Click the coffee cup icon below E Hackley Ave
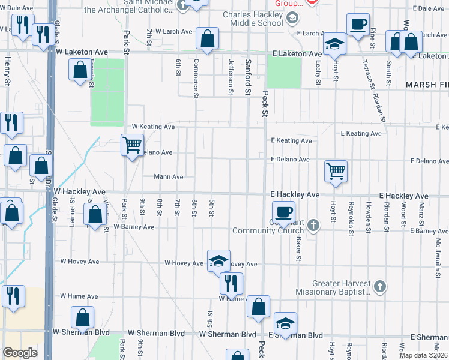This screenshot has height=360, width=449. pos(283,211)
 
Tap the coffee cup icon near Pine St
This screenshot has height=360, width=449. pos(358,24)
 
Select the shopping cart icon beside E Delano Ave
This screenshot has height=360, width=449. pos(336,170)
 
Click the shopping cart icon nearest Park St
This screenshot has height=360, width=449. pos(131,144)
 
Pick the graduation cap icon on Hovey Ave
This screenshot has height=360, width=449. pos(218,260)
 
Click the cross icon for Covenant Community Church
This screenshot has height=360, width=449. pos(312,226)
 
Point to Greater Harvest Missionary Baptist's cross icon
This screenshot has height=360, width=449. pos(379,287)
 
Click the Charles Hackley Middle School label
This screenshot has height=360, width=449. pos(252,19)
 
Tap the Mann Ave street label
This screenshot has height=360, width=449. pos(168,177)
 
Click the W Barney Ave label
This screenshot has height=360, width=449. pos(133,227)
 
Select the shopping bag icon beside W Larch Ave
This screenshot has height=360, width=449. pos(207,39)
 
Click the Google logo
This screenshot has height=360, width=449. pos(20,353)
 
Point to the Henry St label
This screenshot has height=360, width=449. pos(8,71)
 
